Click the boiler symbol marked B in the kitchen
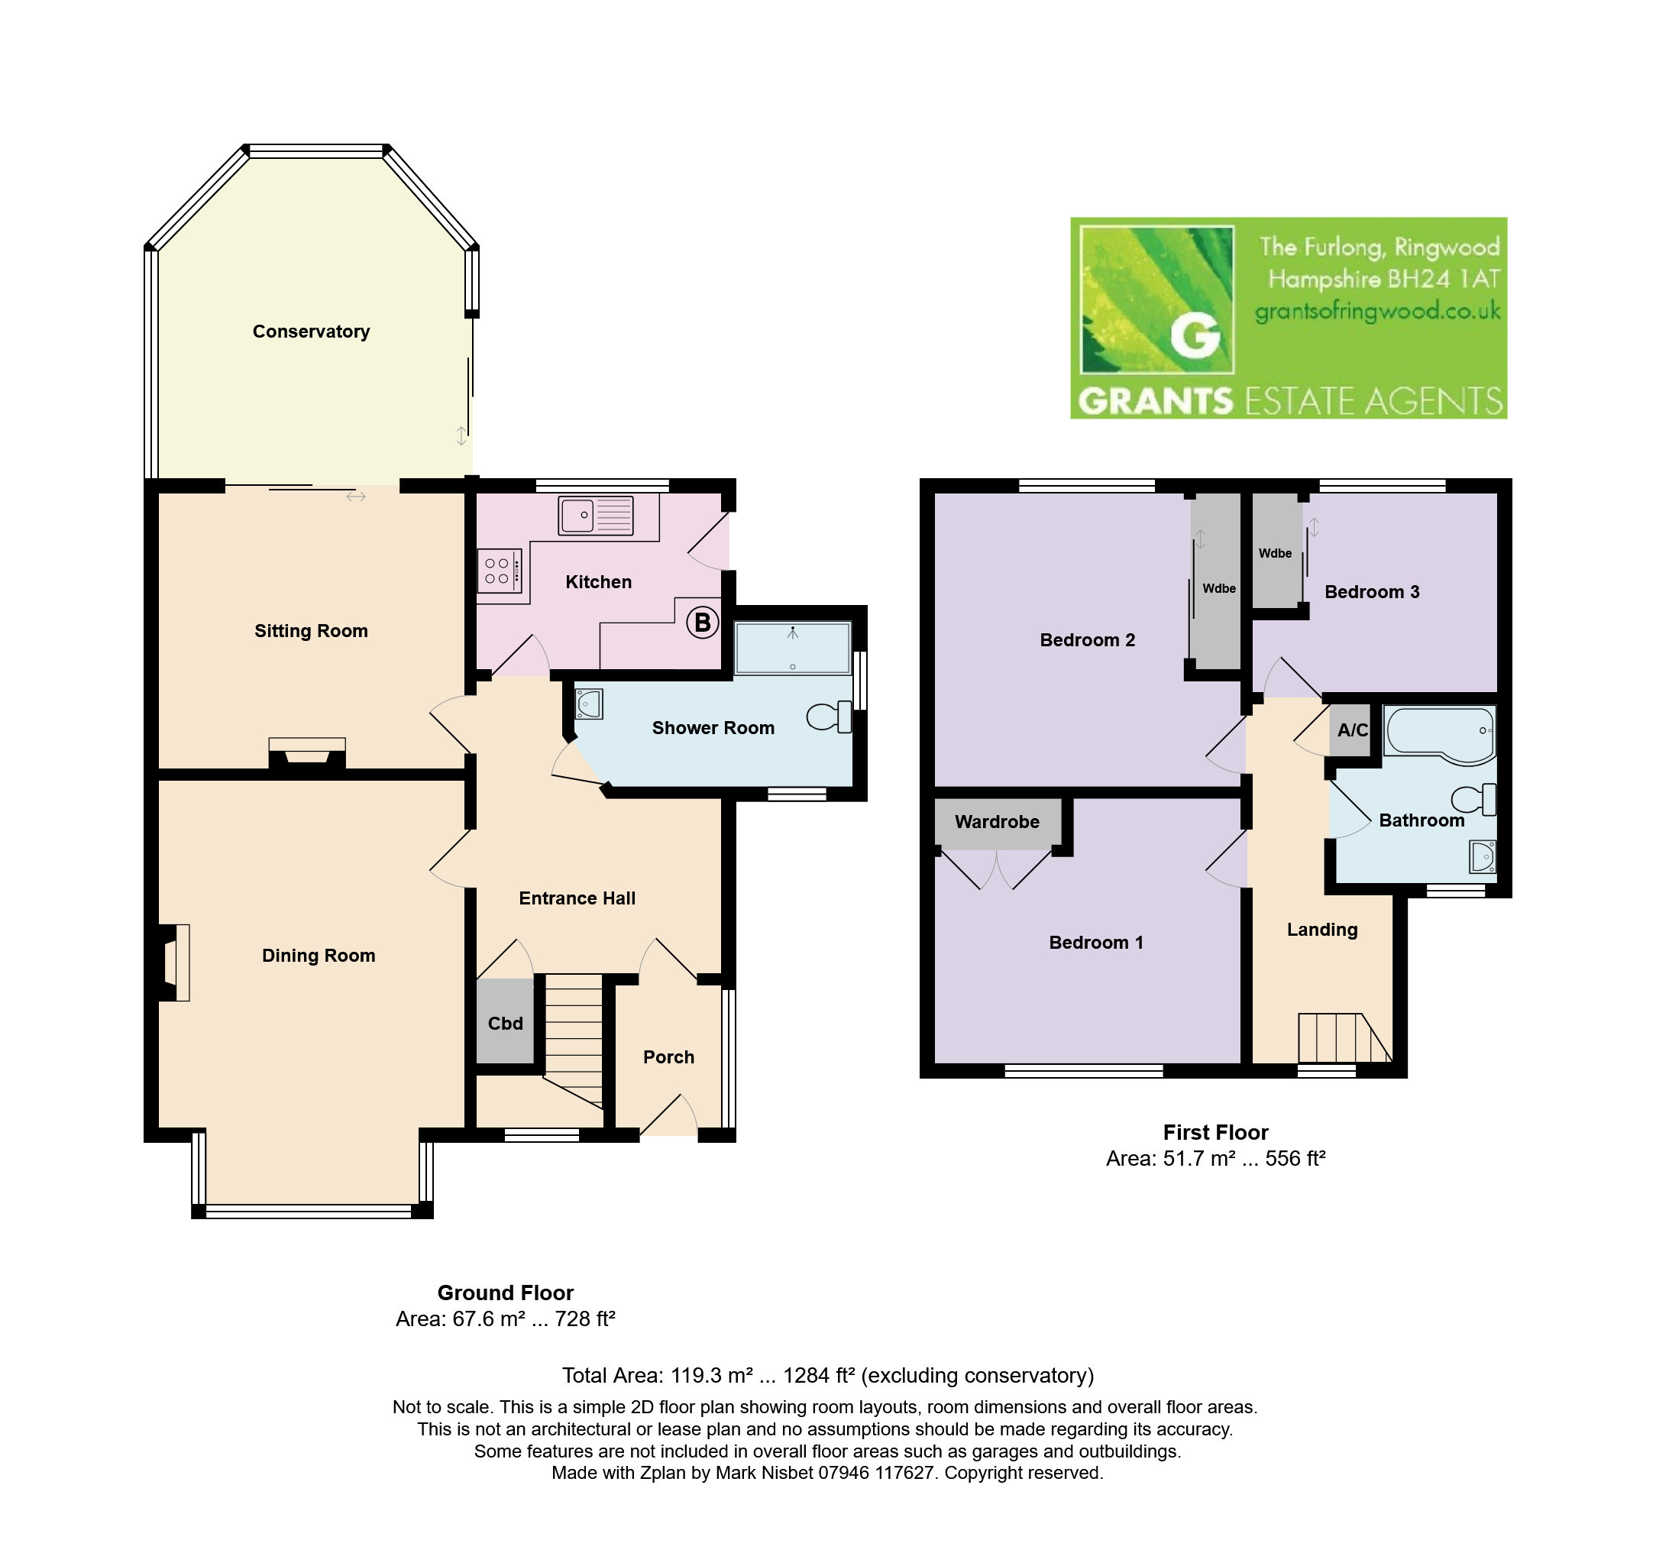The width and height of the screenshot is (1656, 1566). tap(702, 622)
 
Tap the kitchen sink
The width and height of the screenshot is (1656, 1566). tap(597, 515)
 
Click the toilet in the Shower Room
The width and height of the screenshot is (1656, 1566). tap(829, 717)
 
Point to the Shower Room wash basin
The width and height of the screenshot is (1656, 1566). tap(588, 704)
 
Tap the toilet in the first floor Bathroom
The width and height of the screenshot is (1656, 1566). tap(1473, 800)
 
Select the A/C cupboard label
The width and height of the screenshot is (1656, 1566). tap(1352, 730)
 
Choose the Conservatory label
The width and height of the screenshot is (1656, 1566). tap(312, 332)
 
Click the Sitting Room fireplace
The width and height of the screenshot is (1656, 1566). tap(307, 753)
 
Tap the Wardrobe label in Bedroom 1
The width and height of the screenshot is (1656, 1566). tap(997, 821)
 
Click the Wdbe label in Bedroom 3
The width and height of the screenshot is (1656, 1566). tap(1275, 553)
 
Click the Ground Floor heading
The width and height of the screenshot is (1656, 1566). tap(505, 1293)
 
